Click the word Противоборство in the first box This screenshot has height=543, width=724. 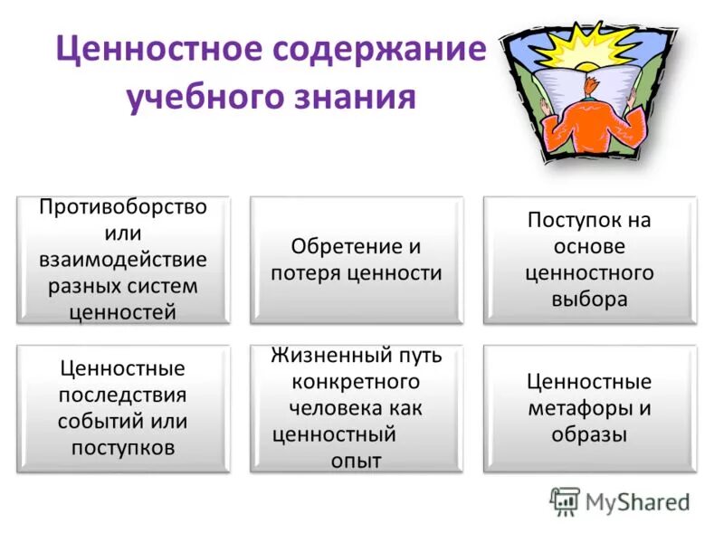(x=122, y=206)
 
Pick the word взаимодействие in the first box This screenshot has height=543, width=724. (x=122, y=260)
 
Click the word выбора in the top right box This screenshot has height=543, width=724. (x=589, y=300)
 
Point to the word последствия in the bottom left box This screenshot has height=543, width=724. (x=122, y=395)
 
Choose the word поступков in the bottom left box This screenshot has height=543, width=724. (x=122, y=447)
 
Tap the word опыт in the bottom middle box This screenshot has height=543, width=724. (x=356, y=461)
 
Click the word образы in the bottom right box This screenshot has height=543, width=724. (x=589, y=433)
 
